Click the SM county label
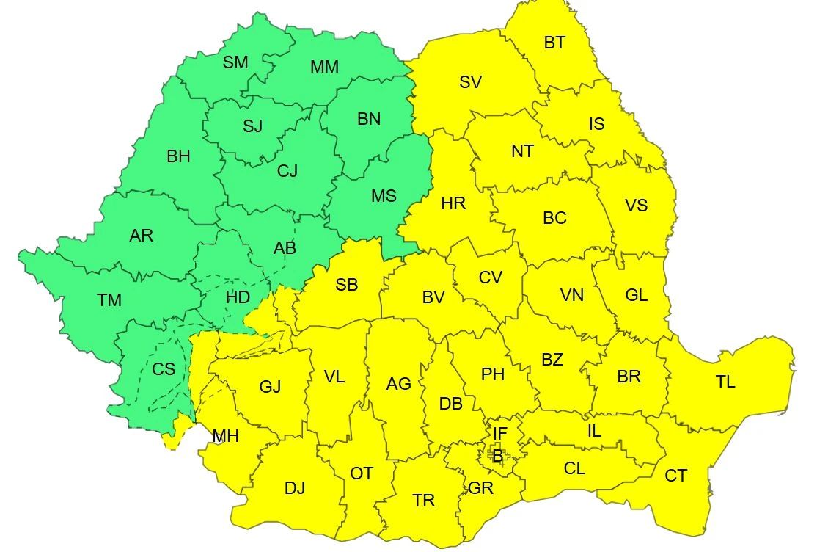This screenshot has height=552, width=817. [236, 62]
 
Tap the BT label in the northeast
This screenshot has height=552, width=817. [554, 43]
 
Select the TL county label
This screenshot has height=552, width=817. [725, 382]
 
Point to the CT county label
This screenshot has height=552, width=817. [675, 476]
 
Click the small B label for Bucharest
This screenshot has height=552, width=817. [498, 456]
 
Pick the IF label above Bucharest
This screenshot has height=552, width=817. [499, 434]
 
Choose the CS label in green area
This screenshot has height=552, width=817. [164, 368]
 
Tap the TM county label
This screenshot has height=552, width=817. [109, 300]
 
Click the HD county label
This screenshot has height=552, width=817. [238, 297]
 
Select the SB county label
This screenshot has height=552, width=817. [346, 285]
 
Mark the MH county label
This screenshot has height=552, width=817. [226, 437]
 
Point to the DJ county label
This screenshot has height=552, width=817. [294, 488]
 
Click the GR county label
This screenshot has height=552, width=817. [480, 488]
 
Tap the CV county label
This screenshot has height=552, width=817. [490, 277]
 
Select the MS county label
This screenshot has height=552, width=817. [384, 195]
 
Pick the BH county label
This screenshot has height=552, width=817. [178, 156]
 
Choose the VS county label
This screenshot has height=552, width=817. [636, 206]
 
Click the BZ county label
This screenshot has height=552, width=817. [552, 360]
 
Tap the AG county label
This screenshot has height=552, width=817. [399, 383]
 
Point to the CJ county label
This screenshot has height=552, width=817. [287, 171]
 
